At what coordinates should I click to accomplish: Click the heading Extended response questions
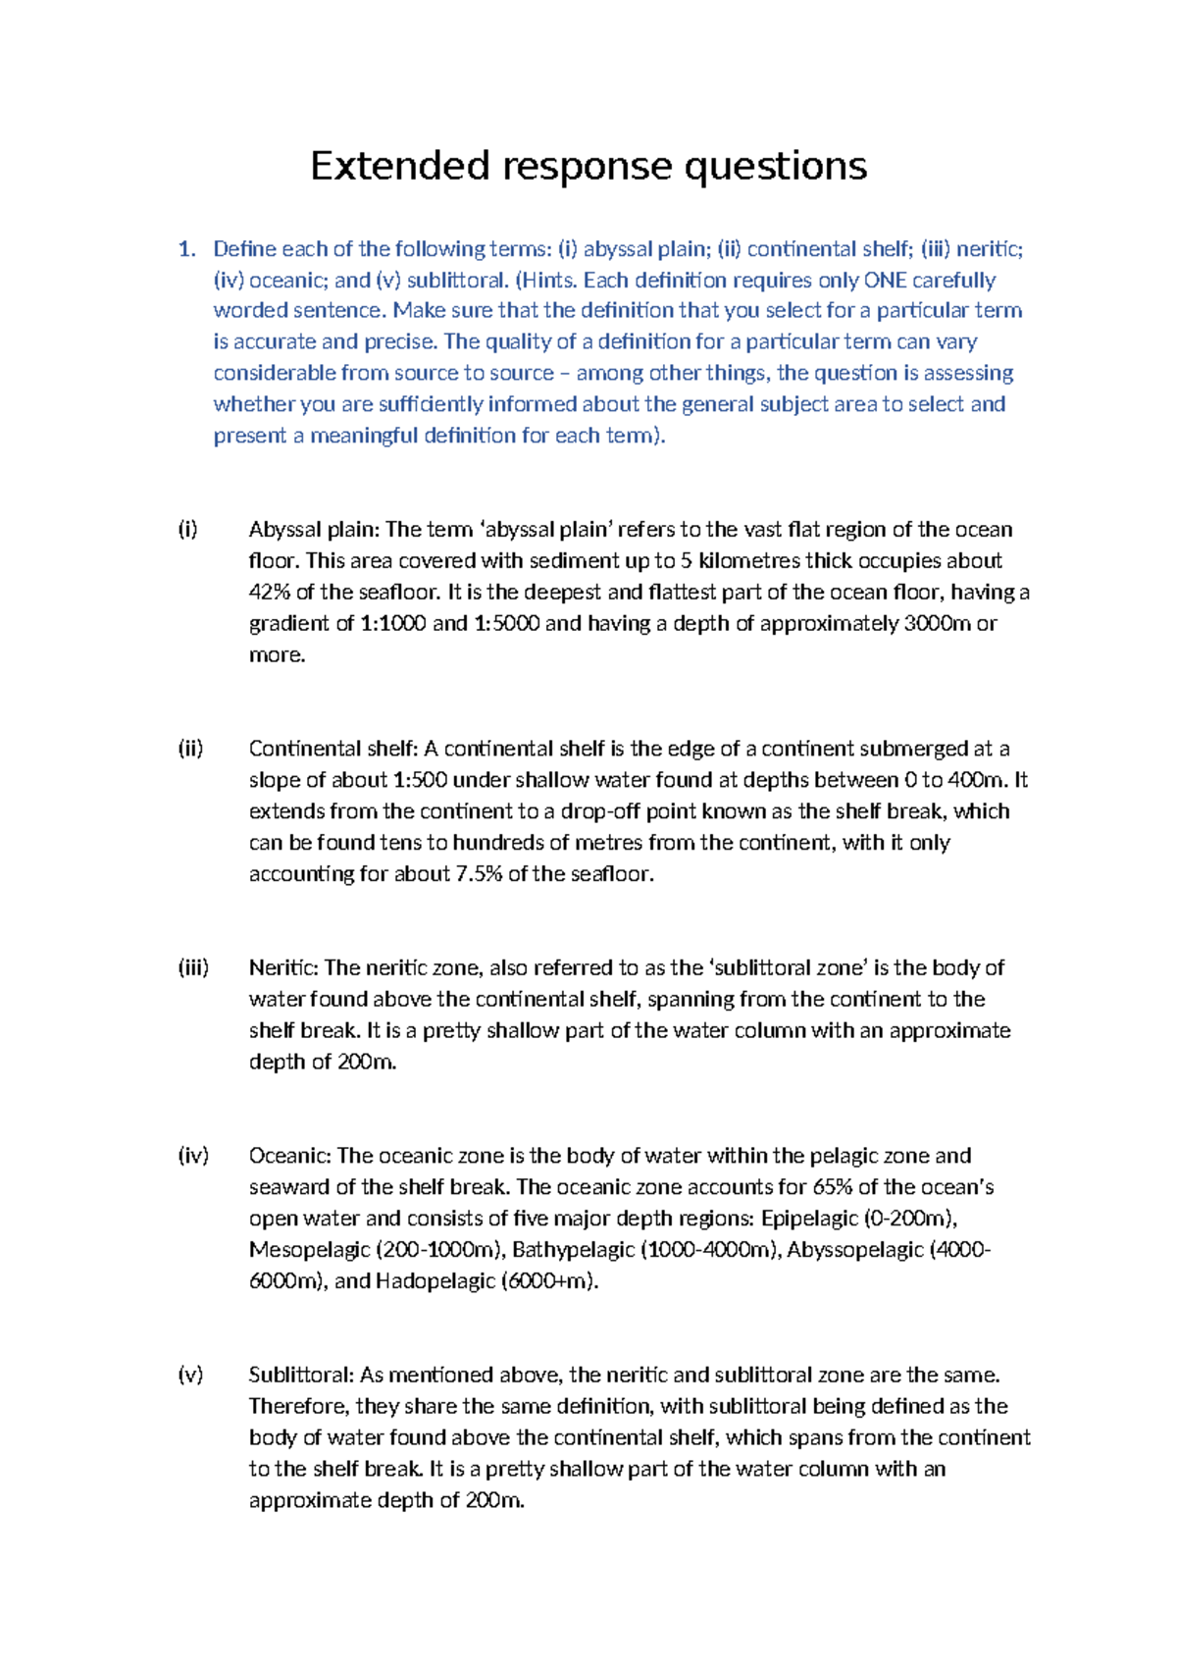588,167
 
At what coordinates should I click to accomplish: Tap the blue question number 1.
185,249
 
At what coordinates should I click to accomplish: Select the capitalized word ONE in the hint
885,281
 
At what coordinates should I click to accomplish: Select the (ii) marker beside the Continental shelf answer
190,749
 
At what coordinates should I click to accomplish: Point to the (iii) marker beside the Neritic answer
193,968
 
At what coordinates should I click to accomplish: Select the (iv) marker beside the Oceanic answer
193,1156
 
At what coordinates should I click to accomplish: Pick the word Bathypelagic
574,1250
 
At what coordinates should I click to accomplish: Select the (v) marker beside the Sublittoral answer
190,1375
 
